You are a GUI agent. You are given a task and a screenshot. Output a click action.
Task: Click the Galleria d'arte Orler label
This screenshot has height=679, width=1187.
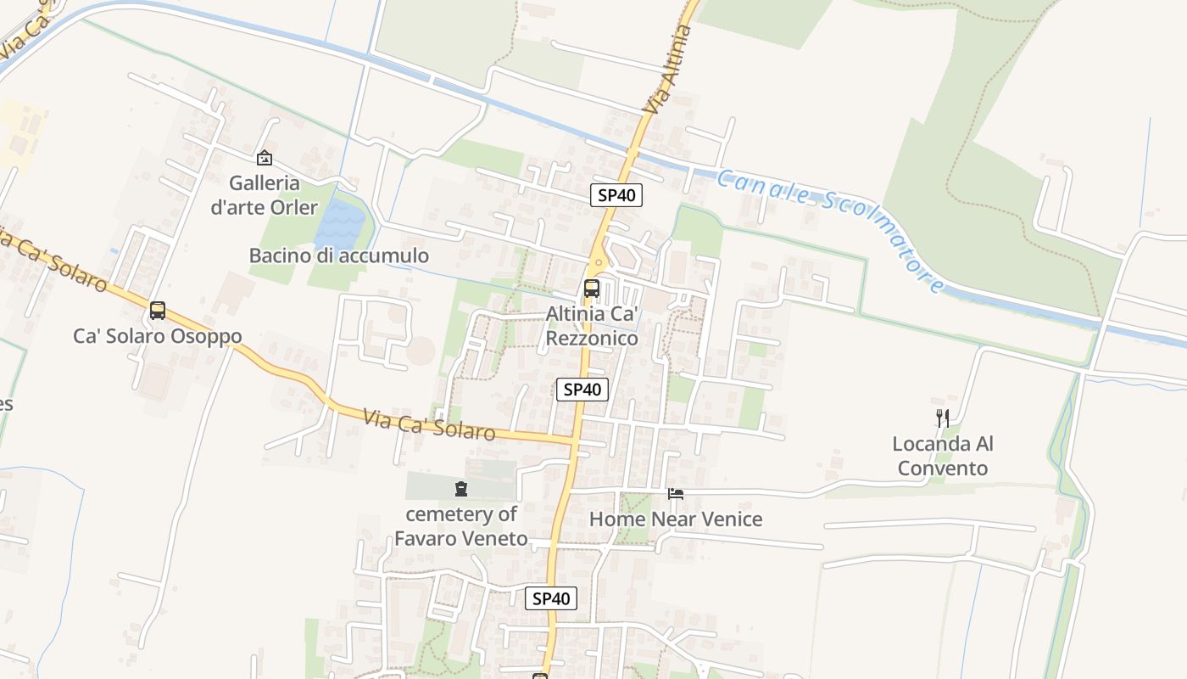pyautogui.click(x=264, y=195)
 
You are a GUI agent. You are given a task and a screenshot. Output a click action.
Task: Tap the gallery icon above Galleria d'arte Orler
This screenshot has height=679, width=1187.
pyautogui.click(x=265, y=158)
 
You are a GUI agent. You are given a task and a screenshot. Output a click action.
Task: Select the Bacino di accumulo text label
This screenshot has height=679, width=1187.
pyautogui.click(x=338, y=255)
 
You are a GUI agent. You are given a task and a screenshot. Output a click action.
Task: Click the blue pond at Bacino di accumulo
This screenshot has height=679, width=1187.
pyautogui.click(x=341, y=222)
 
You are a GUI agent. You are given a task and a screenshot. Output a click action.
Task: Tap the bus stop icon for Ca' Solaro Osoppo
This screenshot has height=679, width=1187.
pyautogui.click(x=158, y=311)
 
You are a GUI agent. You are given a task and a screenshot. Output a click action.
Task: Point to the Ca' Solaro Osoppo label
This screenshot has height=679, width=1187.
pyautogui.click(x=158, y=336)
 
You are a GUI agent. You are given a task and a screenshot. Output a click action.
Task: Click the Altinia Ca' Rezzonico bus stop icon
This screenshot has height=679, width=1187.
pyautogui.click(x=592, y=289)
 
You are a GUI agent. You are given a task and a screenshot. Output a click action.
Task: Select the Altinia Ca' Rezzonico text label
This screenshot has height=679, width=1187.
pyautogui.click(x=592, y=326)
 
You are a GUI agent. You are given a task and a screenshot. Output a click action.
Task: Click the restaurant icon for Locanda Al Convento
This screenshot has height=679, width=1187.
pyautogui.click(x=943, y=418)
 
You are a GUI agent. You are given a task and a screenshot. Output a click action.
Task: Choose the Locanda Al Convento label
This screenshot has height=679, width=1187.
pyautogui.click(x=943, y=456)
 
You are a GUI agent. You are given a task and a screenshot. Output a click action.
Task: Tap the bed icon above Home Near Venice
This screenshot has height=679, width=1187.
pyautogui.click(x=676, y=493)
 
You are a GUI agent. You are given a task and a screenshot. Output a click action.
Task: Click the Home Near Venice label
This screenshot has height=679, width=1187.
pyautogui.click(x=676, y=519)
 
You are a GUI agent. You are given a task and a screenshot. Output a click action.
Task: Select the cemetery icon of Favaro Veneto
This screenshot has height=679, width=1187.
pyautogui.click(x=460, y=488)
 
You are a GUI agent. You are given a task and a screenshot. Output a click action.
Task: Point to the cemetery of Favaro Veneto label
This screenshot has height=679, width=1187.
pyautogui.click(x=460, y=526)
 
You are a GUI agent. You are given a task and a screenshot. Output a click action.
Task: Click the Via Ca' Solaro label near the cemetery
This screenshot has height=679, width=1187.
pyautogui.click(x=429, y=424)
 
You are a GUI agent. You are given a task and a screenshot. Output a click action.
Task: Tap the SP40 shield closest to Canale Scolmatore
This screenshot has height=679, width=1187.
pyautogui.click(x=616, y=195)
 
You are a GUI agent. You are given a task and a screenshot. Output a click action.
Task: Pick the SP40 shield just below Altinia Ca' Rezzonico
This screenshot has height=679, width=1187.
pyautogui.click(x=582, y=390)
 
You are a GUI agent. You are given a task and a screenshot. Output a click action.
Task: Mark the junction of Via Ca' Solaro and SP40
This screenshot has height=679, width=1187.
pyautogui.click(x=575, y=441)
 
